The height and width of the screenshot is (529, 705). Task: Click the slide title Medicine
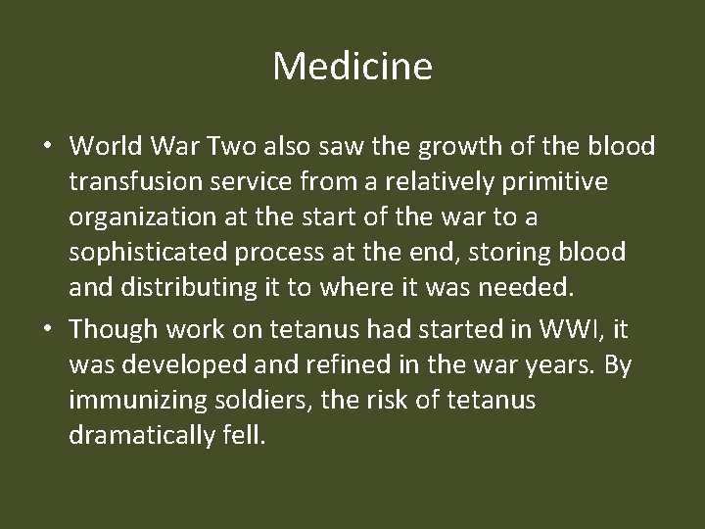352,68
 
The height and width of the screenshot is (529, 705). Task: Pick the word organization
134,217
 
